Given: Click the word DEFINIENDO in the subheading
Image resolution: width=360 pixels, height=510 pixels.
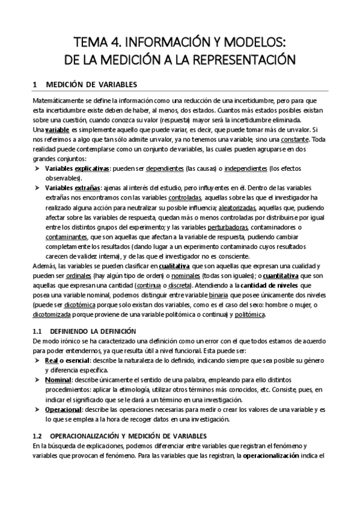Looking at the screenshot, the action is point(70,331).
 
